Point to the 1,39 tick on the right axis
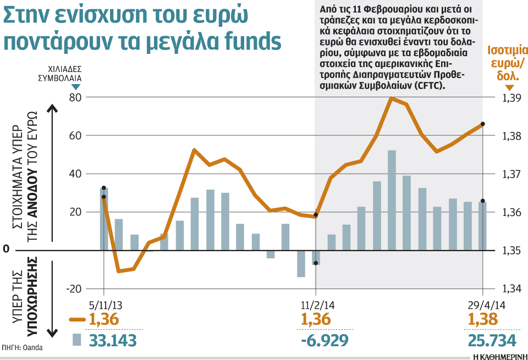click(x=511, y=98)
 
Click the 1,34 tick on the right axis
click(x=511, y=289)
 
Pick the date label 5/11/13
click(x=105, y=304)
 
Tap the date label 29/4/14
click(x=482, y=304)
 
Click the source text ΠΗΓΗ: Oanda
click(x=22, y=347)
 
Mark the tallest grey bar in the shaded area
click(x=392, y=200)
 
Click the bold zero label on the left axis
click(x=6, y=250)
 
